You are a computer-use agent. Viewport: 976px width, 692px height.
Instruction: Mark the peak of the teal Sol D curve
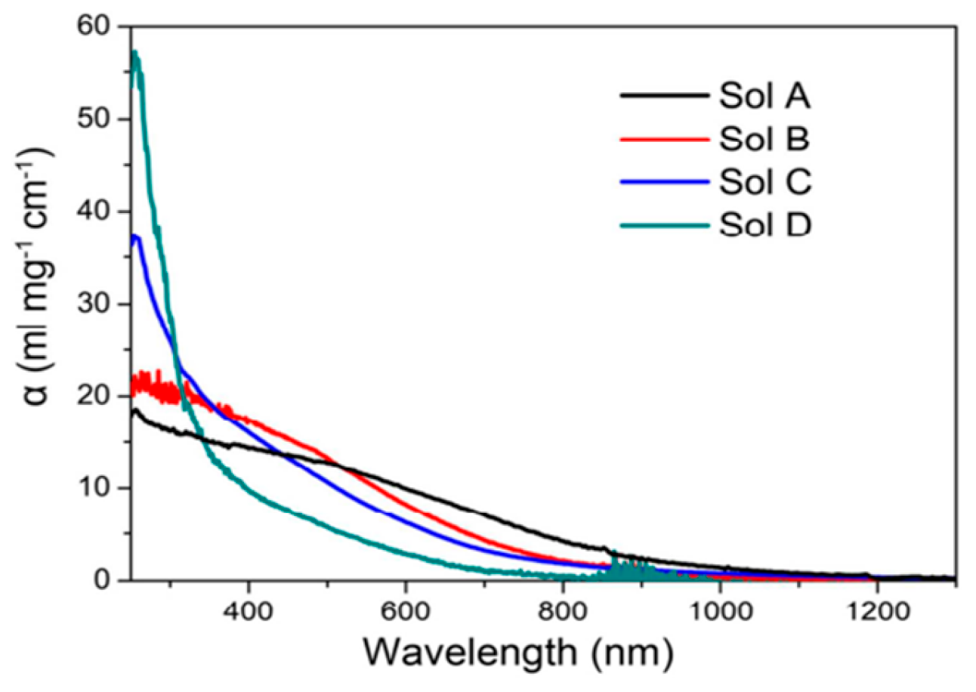click(x=135, y=53)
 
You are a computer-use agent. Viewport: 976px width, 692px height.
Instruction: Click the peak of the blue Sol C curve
click(x=136, y=237)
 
